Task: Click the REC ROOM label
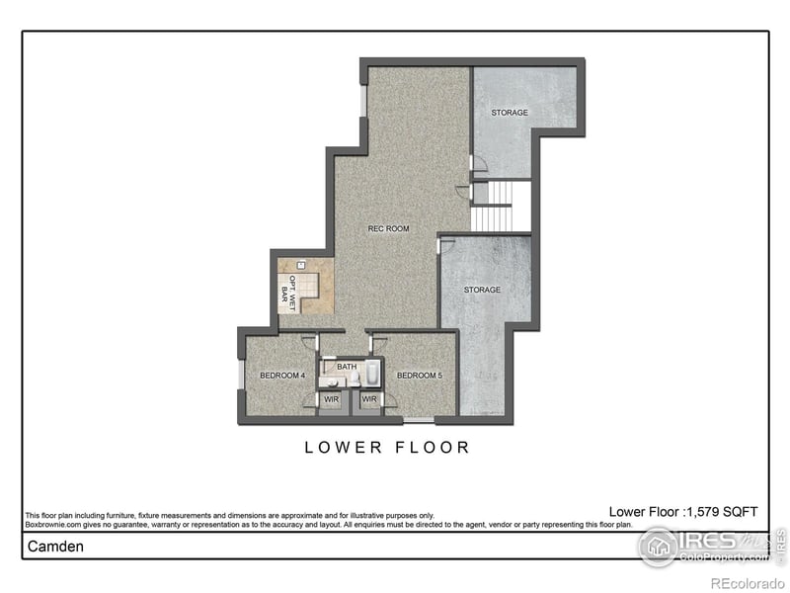click(x=388, y=228)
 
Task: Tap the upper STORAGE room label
click(x=510, y=113)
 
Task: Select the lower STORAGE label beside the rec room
click(x=482, y=290)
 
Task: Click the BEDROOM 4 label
click(x=279, y=376)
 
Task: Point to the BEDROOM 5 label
click(x=417, y=376)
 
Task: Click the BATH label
click(x=347, y=367)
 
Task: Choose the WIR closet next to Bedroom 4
click(x=330, y=399)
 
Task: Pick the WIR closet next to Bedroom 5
click(x=369, y=399)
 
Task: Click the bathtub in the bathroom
click(x=372, y=374)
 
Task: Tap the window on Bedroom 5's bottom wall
click(x=417, y=421)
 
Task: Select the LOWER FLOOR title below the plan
click(x=387, y=448)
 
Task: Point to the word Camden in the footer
click(x=54, y=546)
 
